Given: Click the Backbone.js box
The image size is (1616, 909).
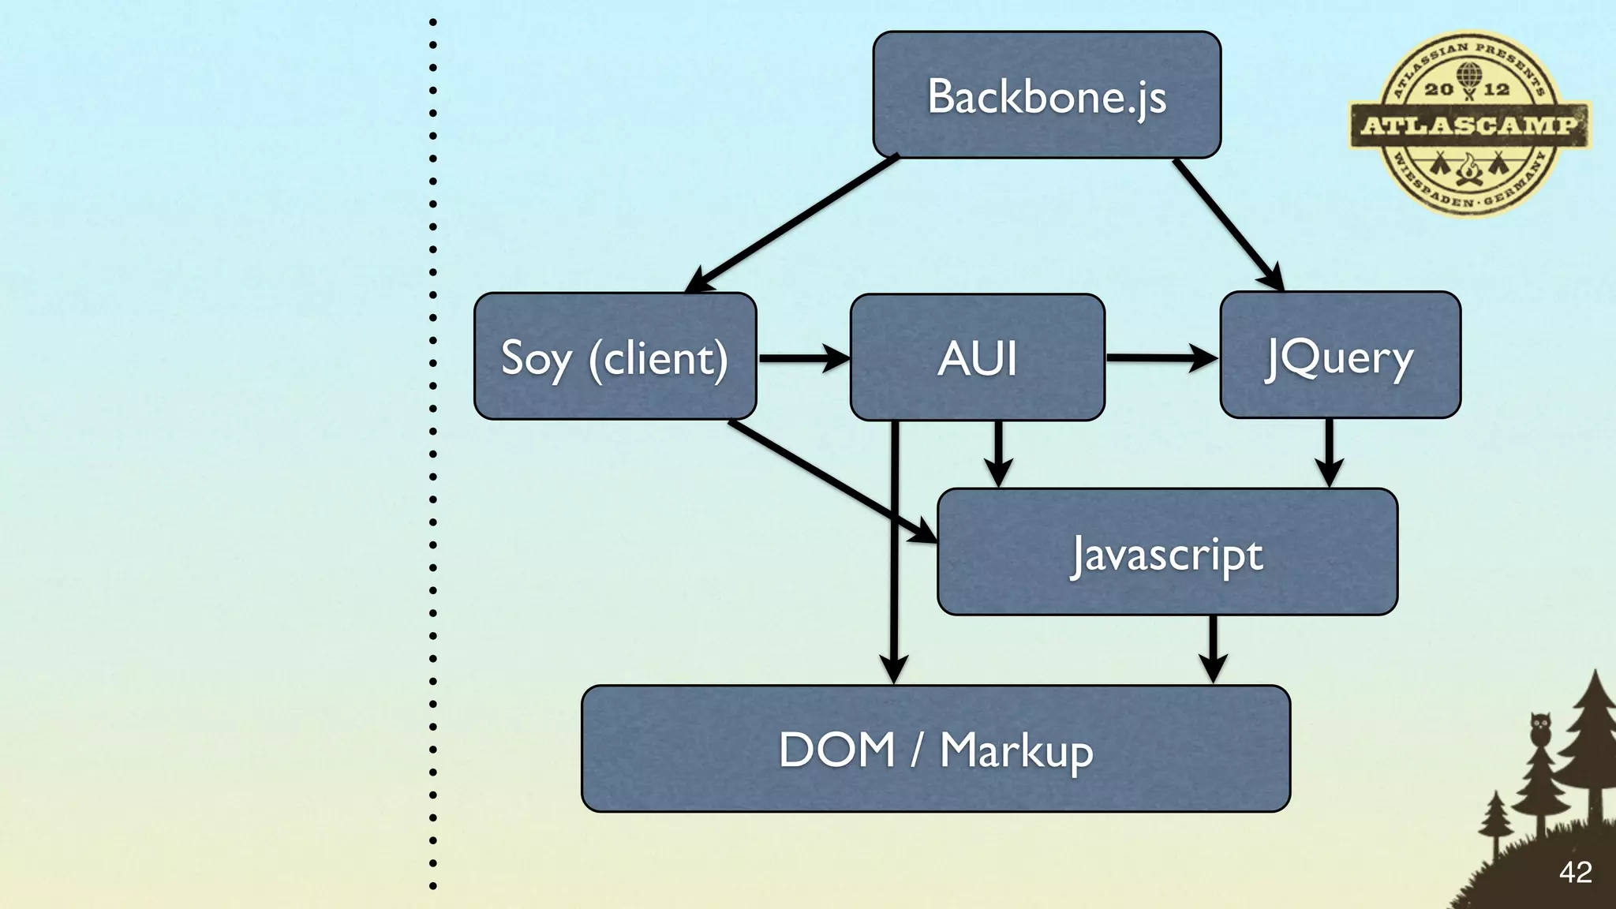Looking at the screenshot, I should point(1046,95).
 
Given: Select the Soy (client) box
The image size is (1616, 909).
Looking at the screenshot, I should point(615,356).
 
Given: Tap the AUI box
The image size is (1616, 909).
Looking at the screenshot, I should point(977,357).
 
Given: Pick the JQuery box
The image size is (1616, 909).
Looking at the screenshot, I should point(1340,355).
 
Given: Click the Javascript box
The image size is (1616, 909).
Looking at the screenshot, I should point(1167,552).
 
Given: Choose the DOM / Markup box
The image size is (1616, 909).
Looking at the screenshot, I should point(936,748).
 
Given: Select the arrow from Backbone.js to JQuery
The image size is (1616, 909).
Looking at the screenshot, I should point(1227,223).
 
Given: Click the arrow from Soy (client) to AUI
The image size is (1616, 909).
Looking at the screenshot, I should point(803,357).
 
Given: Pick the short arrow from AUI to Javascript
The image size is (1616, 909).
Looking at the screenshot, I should point(998,453).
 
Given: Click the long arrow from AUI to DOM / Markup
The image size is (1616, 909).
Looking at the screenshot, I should point(894,552).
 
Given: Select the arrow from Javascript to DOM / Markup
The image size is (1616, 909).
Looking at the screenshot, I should point(1213,649).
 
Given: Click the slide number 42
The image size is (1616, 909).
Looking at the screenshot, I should point(1575,872).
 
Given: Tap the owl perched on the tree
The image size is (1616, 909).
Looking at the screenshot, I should point(1539,728).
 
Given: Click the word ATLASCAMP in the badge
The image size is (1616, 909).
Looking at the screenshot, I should point(1469,125).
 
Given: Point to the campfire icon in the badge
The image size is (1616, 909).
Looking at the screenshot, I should point(1468,170).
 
